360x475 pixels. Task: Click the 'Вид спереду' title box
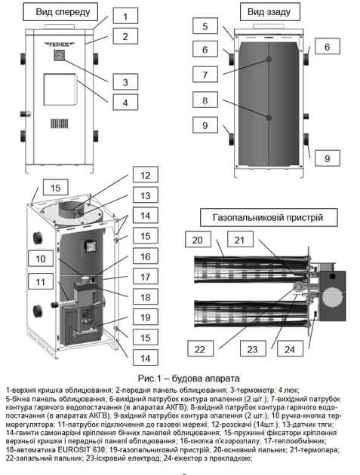[x=60, y=12]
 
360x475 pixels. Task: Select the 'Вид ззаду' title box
[x=269, y=12]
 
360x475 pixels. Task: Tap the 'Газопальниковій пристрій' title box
[x=269, y=217]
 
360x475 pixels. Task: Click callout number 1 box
[x=125, y=16]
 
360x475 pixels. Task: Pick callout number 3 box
[x=125, y=82]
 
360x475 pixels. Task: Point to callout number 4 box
[x=125, y=102]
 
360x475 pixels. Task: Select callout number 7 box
[x=205, y=75]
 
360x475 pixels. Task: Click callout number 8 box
[x=205, y=100]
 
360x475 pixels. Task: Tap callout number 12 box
[x=146, y=175]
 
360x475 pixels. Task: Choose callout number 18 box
[x=146, y=297]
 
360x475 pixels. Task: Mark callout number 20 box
[x=198, y=240]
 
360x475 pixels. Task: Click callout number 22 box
[x=200, y=348]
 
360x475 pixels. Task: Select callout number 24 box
[x=290, y=348]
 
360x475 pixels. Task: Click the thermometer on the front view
[x=58, y=56]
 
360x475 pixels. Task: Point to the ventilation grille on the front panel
[x=59, y=124]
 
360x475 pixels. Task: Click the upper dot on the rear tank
[x=269, y=60]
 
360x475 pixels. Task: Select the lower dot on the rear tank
[x=269, y=118]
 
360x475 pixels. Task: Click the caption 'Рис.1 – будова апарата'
[x=189, y=378]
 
